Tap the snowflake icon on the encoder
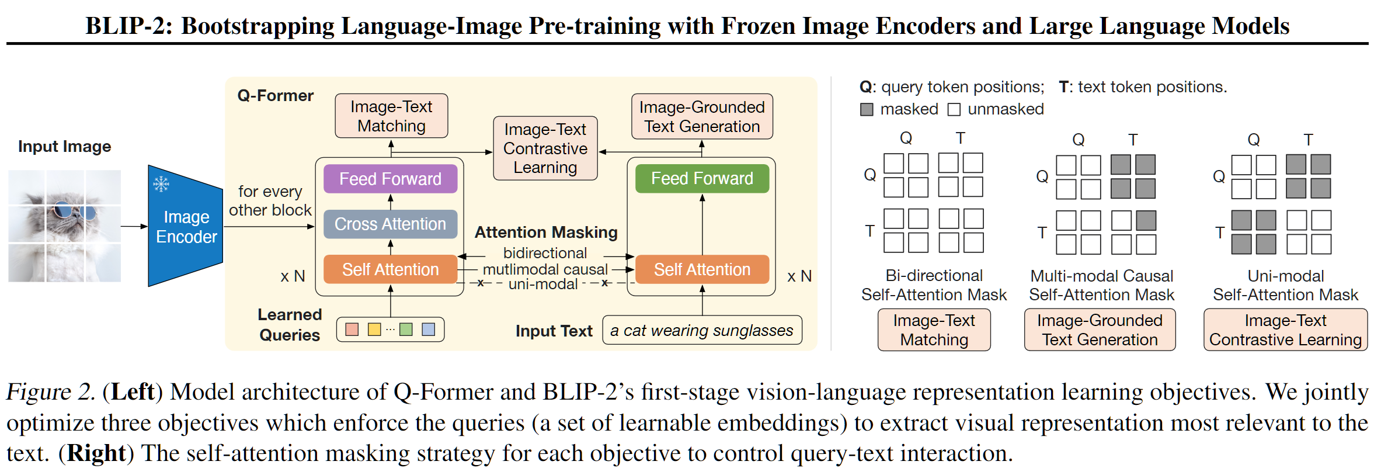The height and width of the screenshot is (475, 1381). click(x=161, y=184)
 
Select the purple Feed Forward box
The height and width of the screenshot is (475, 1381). click(x=390, y=179)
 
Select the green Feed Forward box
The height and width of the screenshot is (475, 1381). click(x=702, y=178)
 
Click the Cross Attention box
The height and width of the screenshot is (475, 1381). click(x=390, y=224)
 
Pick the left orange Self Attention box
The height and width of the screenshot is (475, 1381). click(x=390, y=269)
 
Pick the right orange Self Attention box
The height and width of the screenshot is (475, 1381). click(x=702, y=269)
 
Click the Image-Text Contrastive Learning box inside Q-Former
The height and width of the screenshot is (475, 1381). click(x=545, y=148)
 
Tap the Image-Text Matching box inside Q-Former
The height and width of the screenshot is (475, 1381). click(x=391, y=116)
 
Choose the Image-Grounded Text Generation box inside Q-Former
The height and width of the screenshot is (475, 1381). click(x=702, y=117)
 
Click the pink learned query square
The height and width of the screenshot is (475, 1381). click(x=352, y=330)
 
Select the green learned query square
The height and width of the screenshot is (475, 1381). click(x=406, y=330)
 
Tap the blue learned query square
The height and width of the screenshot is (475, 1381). click(x=428, y=330)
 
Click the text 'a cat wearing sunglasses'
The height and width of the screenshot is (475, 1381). click(x=701, y=331)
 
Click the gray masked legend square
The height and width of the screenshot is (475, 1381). click(x=867, y=109)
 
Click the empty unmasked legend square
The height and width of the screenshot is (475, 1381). click(x=954, y=109)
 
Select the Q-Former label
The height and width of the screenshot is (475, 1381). click(x=275, y=96)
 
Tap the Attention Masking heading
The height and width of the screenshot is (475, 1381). click(x=546, y=233)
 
